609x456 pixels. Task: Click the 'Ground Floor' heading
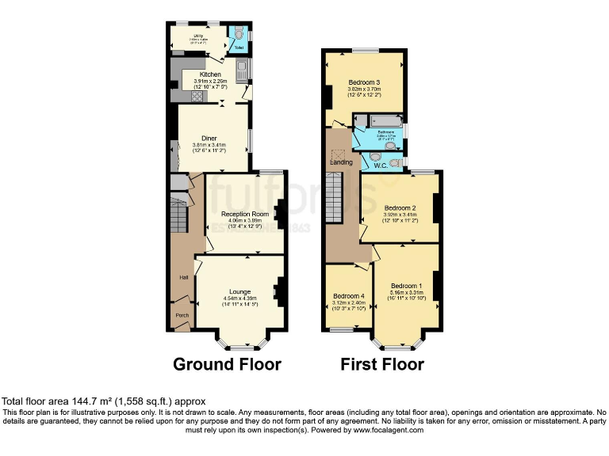[227, 364]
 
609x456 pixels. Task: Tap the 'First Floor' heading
[381, 364]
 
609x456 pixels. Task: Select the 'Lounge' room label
[239, 291]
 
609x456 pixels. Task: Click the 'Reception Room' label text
[244, 214]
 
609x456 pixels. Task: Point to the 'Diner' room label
[209, 138]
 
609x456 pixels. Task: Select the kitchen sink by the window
[242, 71]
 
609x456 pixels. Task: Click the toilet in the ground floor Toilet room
[238, 35]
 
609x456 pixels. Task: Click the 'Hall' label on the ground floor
[183, 277]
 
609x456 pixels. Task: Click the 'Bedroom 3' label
[364, 82]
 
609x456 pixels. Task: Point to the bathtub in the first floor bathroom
[378, 121]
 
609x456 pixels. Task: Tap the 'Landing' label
[342, 162]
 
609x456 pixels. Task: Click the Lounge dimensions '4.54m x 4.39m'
[239, 298]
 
